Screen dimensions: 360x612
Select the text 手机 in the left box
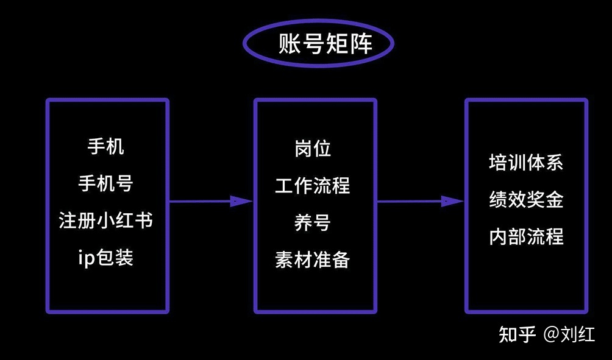[x=106, y=147]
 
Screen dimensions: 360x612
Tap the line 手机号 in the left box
[x=106, y=183]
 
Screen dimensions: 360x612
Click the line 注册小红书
[x=106, y=220]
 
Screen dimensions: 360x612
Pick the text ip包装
[x=106, y=257]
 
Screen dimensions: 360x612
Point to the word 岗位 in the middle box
[x=313, y=148]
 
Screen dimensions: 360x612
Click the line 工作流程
[x=313, y=185]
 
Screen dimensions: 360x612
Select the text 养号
[x=313, y=222]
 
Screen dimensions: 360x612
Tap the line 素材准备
[x=313, y=259]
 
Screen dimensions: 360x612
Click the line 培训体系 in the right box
[x=526, y=163]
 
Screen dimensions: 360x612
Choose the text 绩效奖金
[x=526, y=200]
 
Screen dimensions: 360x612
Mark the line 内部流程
[x=526, y=236]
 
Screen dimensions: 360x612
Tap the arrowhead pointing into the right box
[x=452, y=201]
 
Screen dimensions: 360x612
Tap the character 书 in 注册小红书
[x=143, y=220]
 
